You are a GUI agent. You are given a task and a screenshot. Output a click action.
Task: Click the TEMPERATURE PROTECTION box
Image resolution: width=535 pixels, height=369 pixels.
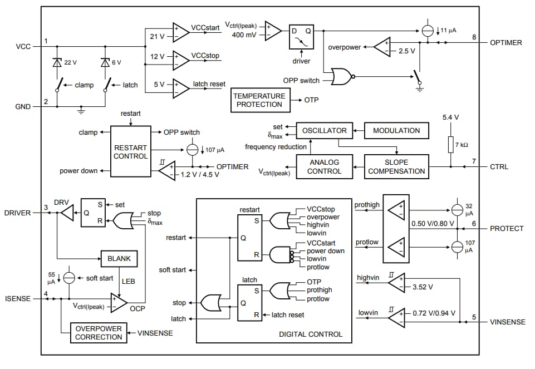[x=259, y=100]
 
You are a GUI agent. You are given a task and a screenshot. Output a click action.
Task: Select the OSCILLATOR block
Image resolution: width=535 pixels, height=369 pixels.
[x=324, y=131]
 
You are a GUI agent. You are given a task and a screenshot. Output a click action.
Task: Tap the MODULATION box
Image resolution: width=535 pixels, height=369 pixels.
[x=396, y=131]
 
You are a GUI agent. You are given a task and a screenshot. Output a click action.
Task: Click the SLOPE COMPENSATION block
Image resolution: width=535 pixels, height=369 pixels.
[x=396, y=167]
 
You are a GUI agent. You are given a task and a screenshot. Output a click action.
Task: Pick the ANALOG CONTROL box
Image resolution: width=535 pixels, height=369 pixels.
[x=324, y=167]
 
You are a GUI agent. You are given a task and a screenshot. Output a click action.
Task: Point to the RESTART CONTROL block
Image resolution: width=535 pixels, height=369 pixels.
[x=131, y=152]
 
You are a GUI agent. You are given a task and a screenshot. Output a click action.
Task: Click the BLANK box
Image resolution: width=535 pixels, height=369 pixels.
[x=119, y=259]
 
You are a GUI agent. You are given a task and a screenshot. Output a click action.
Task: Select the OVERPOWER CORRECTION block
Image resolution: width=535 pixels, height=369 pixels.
[x=98, y=333]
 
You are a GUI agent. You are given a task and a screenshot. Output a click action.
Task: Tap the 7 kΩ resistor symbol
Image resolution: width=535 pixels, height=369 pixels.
[x=451, y=145]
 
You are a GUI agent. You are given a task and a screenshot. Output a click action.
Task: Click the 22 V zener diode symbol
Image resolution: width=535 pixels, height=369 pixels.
[x=57, y=63]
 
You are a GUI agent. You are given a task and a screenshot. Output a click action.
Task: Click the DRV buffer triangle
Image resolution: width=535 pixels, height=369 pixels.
[x=66, y=213]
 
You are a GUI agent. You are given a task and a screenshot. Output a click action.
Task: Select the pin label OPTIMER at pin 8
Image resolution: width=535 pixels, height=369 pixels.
[x=505, y=42]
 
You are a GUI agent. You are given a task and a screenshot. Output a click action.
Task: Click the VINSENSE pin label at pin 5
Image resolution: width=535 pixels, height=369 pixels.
[x=507, y=322]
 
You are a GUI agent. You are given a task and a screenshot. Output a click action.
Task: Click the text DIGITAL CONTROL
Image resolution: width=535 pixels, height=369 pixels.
[x=311, y=334]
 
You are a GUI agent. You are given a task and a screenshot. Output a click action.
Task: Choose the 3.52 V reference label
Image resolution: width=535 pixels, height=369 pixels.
[x=423, y=288]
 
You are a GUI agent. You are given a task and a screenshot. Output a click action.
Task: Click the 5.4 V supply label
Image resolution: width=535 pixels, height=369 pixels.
[x=450, y=117]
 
